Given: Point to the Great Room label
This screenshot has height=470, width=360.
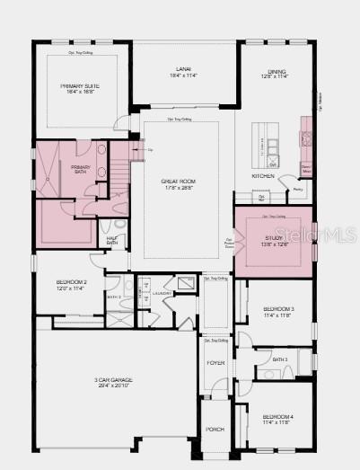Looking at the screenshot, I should pyautogui.click(x=178, y=182).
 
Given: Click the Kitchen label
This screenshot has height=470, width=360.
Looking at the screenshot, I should pyautogui.click(x=263, y=176).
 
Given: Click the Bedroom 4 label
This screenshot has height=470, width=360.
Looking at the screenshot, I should pyautogui.click(x=277, y=417).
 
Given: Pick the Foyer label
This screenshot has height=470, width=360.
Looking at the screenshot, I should pyautogui.click(x=215, y=363).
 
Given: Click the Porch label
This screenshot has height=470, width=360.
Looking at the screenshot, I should pyautogui.click(x=215, y=430).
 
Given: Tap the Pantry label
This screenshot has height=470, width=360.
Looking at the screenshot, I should pyautogui.click(x=298, y=191).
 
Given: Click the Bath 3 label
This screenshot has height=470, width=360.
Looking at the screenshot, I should pyautogui.click(x=280, y=359).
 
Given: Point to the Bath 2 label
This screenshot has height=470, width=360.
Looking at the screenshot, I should pyautogui.click(x=114, y=297).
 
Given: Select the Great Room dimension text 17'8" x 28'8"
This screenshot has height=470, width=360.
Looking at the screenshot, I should pyautogui.click(x=178, y=188).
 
